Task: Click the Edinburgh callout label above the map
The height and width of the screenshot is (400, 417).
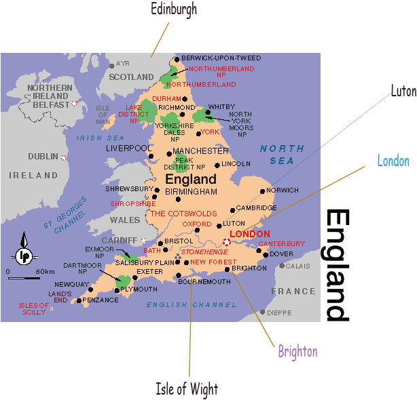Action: point(175,9)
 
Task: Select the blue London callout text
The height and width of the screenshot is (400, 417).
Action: point(393,161)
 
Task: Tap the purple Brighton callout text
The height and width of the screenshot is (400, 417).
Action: point(297,351)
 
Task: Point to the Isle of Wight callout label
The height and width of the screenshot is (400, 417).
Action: point(187,389)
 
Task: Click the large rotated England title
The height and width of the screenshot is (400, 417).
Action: point(338,265)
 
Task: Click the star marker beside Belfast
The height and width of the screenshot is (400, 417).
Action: point(74,104)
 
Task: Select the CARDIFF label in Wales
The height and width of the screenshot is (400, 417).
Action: point(120,240)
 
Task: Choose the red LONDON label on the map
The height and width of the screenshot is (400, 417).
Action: point(251,234)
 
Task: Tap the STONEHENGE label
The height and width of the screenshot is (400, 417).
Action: point(205,252)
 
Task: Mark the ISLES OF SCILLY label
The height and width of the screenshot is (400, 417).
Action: point(35,308)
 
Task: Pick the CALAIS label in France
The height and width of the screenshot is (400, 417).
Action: point(297,266)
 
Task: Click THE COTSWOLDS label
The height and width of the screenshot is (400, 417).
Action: point(183,213)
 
